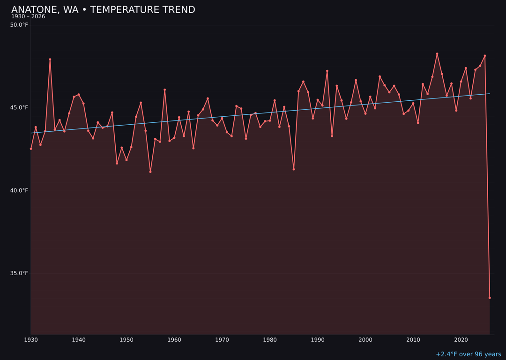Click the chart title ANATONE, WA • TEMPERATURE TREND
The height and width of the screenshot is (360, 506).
(x=103, y=10)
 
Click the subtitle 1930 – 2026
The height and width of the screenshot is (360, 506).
(x=28, y=16)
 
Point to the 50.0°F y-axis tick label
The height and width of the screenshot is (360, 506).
(x=20, y=25)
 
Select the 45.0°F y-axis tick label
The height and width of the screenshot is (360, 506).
(x=20, y=107)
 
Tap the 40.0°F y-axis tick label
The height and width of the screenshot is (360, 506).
(x=20, y=190)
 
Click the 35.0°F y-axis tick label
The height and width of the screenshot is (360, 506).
(x=20, y=273)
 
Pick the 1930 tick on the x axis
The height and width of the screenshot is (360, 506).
(x=31, y=340)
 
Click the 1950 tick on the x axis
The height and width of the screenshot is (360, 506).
(x=126, y=340)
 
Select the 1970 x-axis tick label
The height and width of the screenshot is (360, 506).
(x=222, y=340)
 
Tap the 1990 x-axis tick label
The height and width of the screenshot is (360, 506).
(x=318, y=340)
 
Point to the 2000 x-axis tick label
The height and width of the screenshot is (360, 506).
(x=365, y=340)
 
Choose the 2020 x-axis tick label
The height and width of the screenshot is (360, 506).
(x=461, y=340)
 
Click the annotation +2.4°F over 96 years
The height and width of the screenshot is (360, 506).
(x=468, y=354)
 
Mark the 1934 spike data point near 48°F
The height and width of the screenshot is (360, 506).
(x=50, y=60)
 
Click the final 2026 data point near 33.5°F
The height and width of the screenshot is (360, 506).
(x=490, y=298)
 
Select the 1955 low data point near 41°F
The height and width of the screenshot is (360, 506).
(x=150, y=172)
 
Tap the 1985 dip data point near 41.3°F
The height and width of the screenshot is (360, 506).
(x=294, y=169)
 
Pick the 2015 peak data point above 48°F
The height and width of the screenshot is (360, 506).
(x=437, y=54)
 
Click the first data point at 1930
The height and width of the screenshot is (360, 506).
(x=31, y=149)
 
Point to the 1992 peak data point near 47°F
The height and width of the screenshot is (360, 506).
(x=327, y=71)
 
